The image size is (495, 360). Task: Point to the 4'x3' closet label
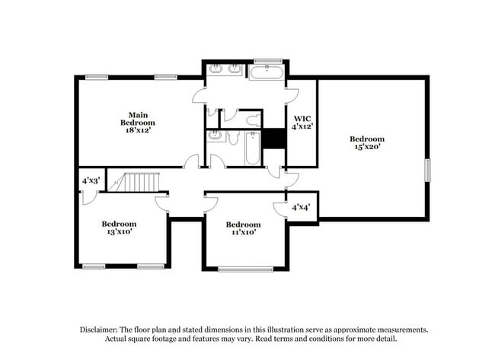pyautogui.click(x=91, y=181)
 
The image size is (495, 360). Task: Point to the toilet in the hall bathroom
pyautogui.click(x=233, y=138)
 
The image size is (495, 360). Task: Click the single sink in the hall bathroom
pyautogui.click(x=216, y=136)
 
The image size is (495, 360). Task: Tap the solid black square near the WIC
pyautogui.click(x=273, y=139)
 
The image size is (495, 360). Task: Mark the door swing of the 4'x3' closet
pyautogui.click(x=88, y=196)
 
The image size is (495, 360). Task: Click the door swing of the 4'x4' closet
pyautogui.click(x=278, y=209)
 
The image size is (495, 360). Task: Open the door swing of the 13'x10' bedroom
pyautogui.click(x=162, y=202)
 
